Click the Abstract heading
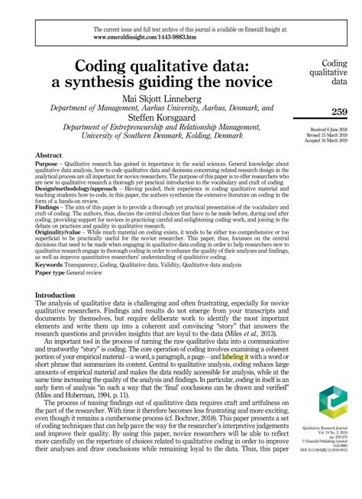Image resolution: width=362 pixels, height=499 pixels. [50, 154]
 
